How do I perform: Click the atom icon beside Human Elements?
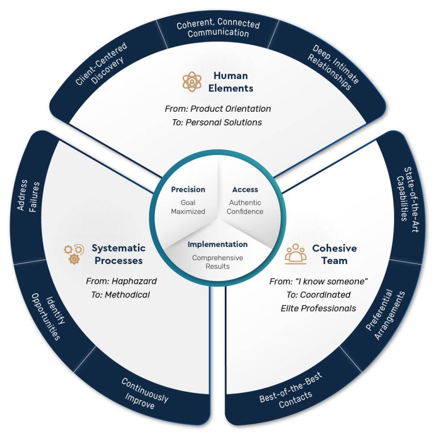pos(192,82)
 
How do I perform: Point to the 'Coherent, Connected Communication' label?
pos(218,29)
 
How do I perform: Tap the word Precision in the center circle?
pos(188,190)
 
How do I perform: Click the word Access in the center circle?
pos(245,190)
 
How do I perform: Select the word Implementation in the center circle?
pos(217,245)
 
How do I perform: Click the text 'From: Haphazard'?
pos(121,281)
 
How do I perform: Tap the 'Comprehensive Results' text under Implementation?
pos(217,261)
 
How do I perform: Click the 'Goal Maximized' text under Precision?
pos(188,207)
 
